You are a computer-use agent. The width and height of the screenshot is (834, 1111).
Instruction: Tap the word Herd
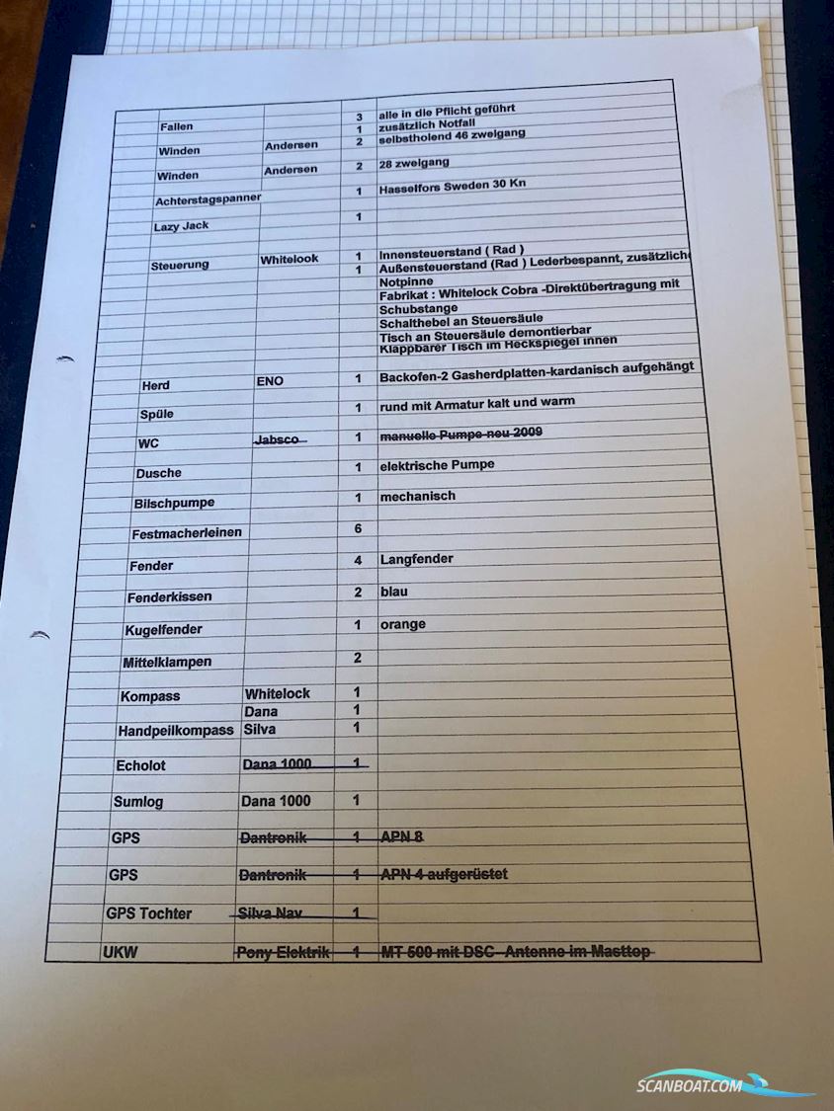(155, 385)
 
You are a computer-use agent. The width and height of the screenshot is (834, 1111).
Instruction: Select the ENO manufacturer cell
(269, 380)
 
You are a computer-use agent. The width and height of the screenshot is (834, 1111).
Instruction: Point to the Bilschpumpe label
(174, 504)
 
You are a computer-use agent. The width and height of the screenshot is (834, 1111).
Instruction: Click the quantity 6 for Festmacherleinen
(358, 529)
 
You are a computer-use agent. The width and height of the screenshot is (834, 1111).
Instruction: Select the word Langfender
(416, 559)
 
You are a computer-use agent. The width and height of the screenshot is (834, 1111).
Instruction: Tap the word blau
(393, 592)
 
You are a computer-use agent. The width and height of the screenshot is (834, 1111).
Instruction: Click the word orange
(402, 624)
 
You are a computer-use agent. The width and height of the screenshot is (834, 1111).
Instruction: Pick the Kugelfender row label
(163, 630)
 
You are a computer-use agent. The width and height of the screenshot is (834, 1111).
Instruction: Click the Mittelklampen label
(167, 662)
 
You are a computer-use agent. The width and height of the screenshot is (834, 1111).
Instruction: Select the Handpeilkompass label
(175, 731)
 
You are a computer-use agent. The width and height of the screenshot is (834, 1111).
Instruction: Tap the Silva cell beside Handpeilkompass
(259, 729)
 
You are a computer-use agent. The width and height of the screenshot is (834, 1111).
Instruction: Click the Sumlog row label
(137, 802)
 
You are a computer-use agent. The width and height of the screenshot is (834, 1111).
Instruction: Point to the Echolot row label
(140, 765)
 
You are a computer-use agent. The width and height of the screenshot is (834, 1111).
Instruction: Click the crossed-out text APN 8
(401, 836)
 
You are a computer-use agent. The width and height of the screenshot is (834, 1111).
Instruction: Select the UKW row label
(120, 953)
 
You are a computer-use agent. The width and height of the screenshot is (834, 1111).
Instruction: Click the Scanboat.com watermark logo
(725, 1083)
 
